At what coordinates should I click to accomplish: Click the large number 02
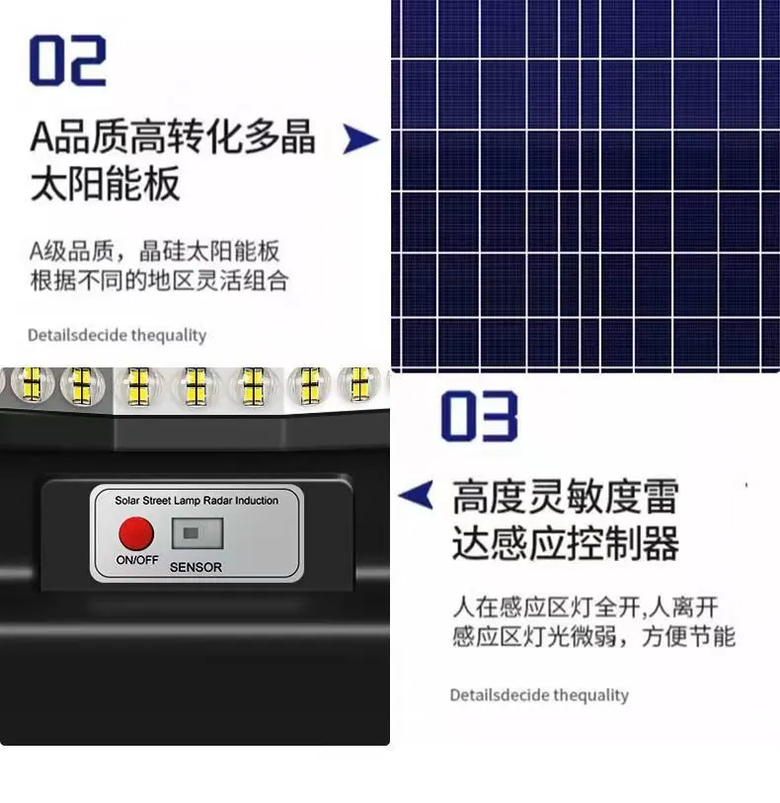[67, 60]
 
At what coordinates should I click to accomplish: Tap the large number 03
[479, 416]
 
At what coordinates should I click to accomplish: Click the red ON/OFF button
[136, 533]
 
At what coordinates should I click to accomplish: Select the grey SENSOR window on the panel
[197, 533]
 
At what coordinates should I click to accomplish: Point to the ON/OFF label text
[137, 560]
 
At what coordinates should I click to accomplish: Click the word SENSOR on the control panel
[196, 567]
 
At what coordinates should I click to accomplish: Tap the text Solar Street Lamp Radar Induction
[196, 501]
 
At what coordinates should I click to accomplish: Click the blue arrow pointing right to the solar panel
[360, 139]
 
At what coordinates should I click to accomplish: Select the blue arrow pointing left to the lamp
[416, 495]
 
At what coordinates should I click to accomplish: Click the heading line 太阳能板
[105, 184]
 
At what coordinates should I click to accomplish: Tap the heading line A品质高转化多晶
[173, 136]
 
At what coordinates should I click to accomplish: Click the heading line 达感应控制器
[566, 543]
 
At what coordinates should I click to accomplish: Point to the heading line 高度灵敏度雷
[566, 496]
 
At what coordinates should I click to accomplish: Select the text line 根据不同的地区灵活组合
[159, 281]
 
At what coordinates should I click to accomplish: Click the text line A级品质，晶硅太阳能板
[155, 251]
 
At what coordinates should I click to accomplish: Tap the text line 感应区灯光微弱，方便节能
[594, 636]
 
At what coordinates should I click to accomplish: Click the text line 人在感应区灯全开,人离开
[585, 607]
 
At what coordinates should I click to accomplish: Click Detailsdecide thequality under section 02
[117, 336]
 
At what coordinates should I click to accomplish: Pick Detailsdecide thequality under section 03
[539, 695]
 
